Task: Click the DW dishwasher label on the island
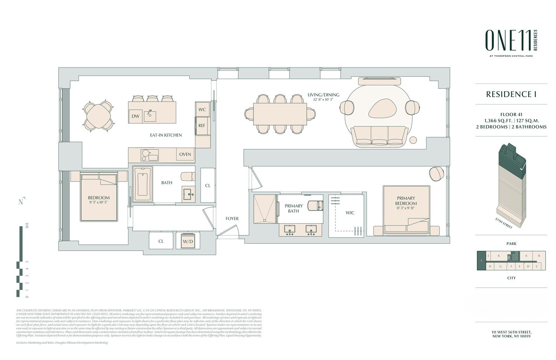136,116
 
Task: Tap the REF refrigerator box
202,126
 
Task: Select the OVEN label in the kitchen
185,154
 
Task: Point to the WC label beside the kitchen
202,109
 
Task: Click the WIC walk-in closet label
350,213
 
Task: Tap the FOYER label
232,219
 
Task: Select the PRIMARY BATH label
294,208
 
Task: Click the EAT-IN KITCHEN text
166,135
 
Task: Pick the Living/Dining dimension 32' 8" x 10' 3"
323,100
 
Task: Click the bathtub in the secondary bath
143,184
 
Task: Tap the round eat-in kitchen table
98,115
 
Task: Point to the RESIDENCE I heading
511,94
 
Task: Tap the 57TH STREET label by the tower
503,223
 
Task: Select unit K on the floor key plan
499,256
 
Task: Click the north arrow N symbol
21,201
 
